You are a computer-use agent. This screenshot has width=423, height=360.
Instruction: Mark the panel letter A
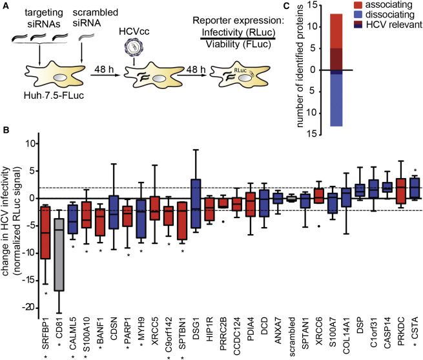pos(5,6)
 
